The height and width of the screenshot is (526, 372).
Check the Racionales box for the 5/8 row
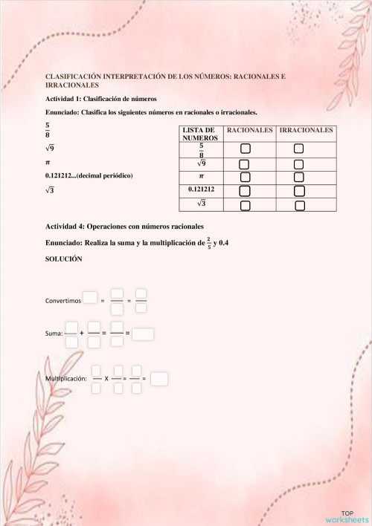[246, 149]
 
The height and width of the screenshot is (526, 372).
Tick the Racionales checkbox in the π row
[245, 177]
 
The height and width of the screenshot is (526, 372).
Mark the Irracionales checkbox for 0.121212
[298, 191]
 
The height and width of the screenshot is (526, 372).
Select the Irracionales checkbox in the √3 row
[298, 204]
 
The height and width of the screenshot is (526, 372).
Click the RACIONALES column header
[250, 130]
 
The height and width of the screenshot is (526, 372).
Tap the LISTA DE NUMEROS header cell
[199, 134]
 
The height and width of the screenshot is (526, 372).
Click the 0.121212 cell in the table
[201, 190]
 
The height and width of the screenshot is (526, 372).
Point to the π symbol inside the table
[201, 177]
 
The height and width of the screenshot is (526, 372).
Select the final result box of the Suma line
[143, 334]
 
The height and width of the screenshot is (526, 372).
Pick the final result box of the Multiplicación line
[158, 379]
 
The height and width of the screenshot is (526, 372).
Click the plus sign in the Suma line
[81, 334]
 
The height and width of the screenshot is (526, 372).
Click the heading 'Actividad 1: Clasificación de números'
[101, 99]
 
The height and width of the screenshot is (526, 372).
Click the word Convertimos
[62, 301]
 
